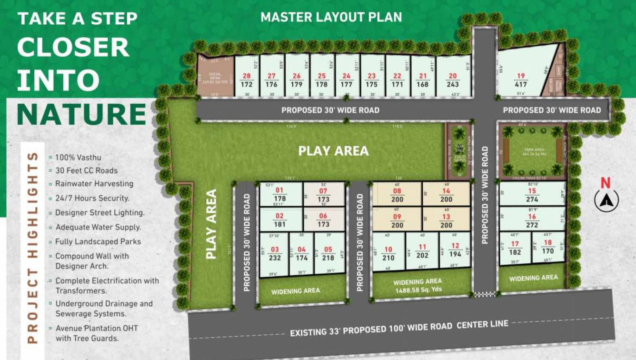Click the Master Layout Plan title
[x=331, y=18]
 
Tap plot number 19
[x=521, y=80]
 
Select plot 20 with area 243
[x=453, y=80]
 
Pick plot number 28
[x=247, y=80]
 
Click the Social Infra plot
[x=215, y=79]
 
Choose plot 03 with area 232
[x=275, y=253]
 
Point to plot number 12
[x=456, y=250]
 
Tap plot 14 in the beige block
[x=446, y=195]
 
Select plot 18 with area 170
[x=548, y=247]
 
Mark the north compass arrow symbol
[x=606, y=200]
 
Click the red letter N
[x=606, y=183]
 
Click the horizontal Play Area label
[x=333, y=151]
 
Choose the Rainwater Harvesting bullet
[x=94, y=184]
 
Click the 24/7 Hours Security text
[x=92, y=198]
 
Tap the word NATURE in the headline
[x=81, y=114]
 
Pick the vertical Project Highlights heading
[x=32, y=247]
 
